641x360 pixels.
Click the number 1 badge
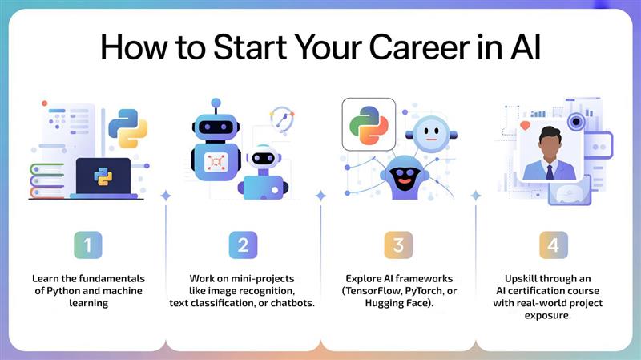click(88, 245)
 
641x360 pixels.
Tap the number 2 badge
click(243, 245)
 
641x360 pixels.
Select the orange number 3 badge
click(398, 245)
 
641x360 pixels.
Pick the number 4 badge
click(553, 245)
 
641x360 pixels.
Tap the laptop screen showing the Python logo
click(103, 176)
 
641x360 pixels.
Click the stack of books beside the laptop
click(48, 181)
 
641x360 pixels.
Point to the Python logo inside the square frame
click(369, 124)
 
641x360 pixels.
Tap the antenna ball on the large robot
click(216, 103)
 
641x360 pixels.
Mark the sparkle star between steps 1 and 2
click(165, 195)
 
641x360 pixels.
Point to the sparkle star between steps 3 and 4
click(475, 195)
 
